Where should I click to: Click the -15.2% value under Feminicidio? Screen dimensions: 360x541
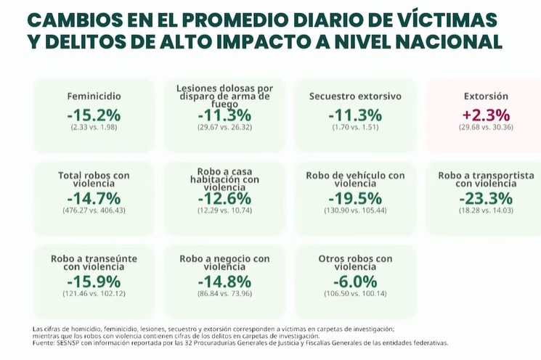94,115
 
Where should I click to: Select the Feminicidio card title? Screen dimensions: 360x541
94,96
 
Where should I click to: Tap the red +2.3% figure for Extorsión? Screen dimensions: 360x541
486,115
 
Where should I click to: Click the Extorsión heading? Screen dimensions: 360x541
486,96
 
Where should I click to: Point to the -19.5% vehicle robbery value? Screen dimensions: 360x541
355,198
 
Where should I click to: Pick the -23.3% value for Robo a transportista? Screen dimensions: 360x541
486,198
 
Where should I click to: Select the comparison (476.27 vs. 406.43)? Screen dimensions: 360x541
94,210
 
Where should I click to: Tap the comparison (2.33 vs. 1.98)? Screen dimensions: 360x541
94,127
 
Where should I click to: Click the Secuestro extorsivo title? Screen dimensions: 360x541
355,96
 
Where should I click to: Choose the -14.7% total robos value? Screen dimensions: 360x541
94,198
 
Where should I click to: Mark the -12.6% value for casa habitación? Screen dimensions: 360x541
224,198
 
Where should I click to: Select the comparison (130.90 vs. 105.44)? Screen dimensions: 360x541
355,210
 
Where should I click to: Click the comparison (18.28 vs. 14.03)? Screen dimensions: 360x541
486,210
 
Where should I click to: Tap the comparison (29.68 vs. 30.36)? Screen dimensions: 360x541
486,127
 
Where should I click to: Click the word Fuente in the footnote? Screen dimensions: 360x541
44,343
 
